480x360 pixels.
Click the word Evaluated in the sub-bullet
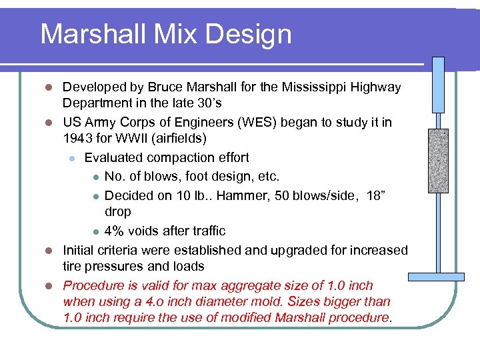tap(113, 158)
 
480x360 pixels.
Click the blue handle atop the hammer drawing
tap(438, 85)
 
